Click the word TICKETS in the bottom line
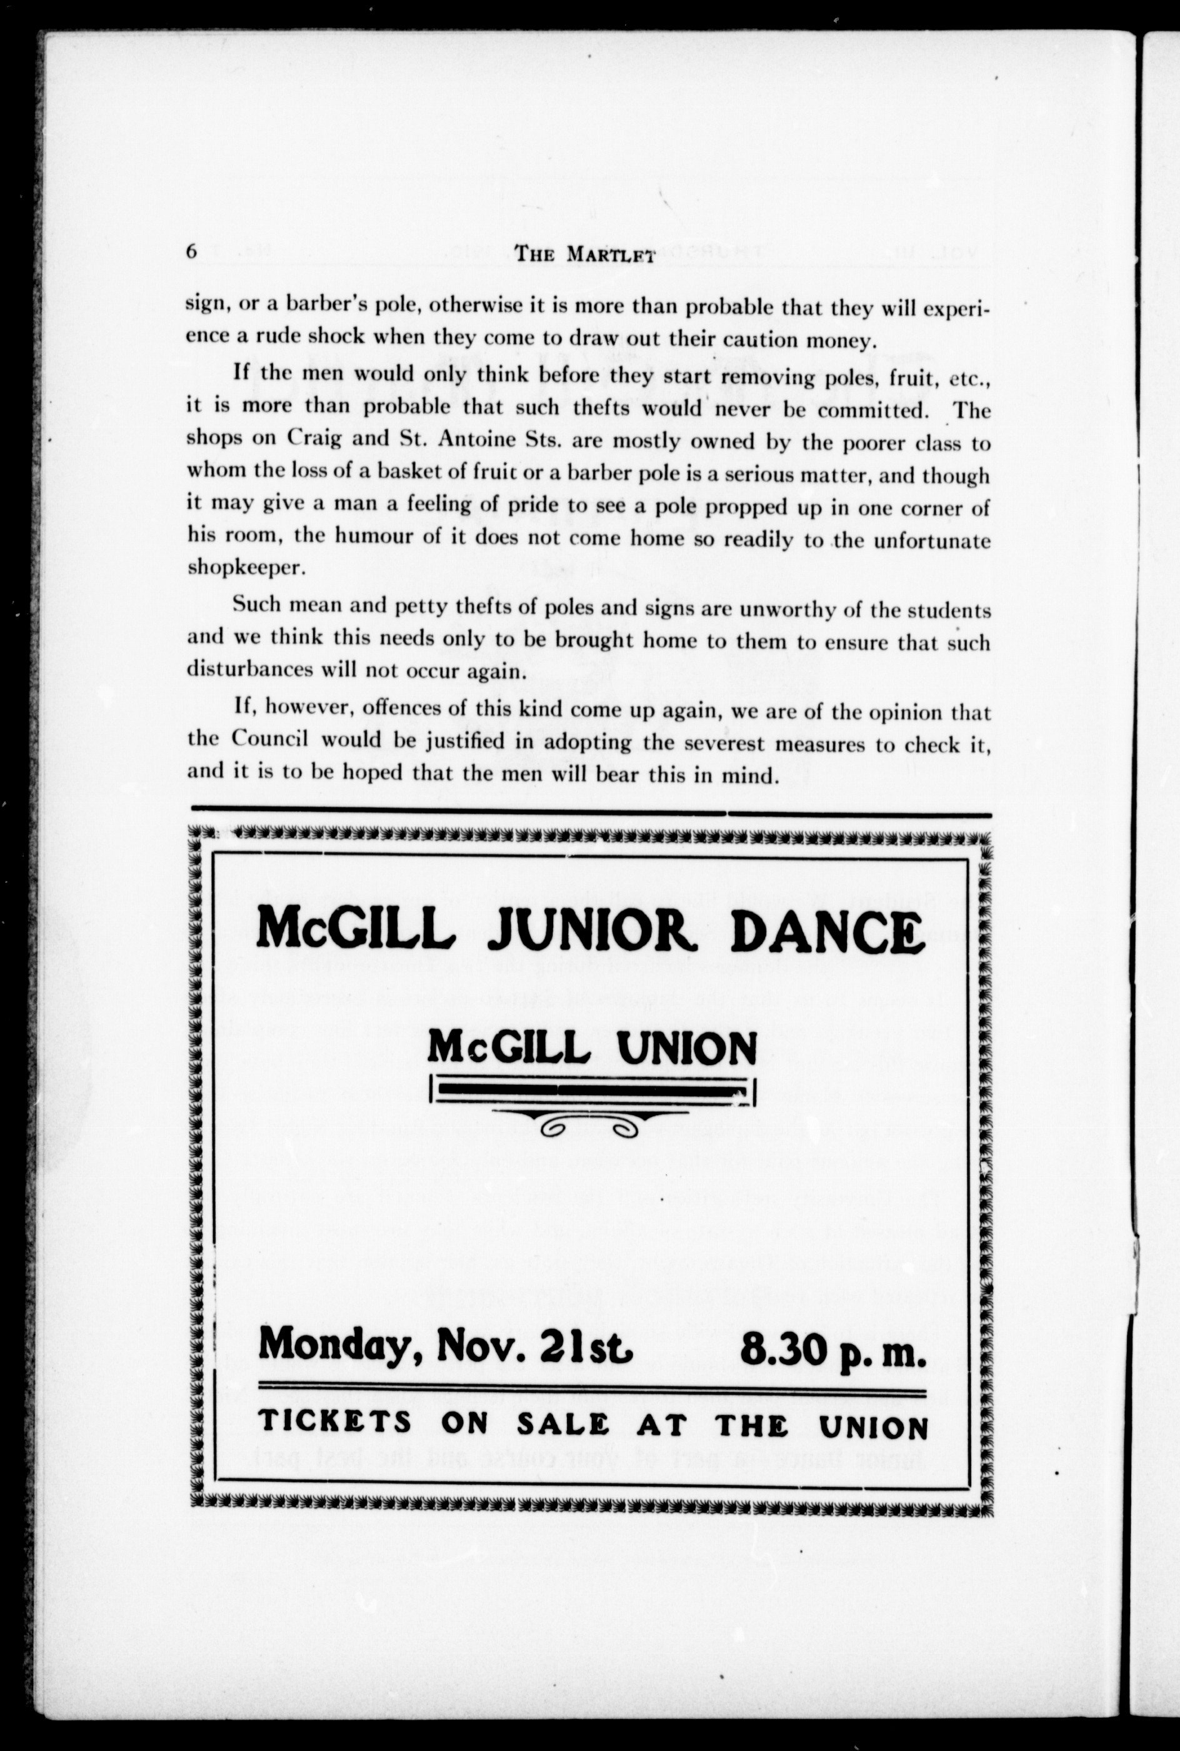(335, 1423)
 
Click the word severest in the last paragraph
(716, 744)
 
